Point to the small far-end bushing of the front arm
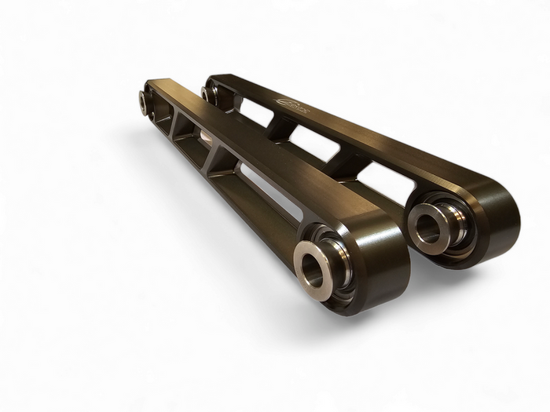[145, 99]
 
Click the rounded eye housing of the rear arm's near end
[479, 228]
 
